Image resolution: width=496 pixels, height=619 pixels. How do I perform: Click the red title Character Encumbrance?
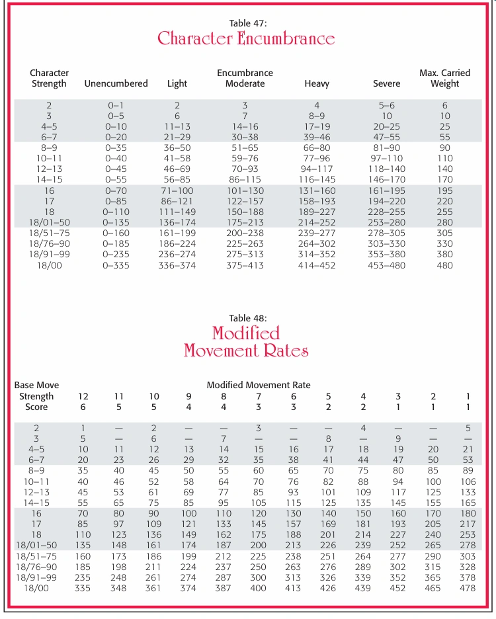(246, 38)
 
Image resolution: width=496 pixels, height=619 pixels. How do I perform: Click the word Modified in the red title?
(246, 332)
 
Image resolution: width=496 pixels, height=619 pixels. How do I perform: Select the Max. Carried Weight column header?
(444, 78)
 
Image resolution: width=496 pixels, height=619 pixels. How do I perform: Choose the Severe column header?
(386, 84)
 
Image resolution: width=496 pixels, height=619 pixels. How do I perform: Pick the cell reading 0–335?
(116, 265)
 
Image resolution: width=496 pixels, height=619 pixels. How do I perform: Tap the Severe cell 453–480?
(387, 265)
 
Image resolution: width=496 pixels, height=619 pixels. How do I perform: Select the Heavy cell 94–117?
(317, 169)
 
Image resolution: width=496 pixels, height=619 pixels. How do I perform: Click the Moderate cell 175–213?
(245, 222)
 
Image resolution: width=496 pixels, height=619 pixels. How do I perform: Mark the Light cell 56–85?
(177, 179)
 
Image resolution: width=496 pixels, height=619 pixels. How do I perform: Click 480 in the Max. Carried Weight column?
(444, 265)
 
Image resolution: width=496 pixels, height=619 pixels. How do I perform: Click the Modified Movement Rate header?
(258, 385)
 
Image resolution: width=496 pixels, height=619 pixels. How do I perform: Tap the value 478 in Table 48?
(468, 588)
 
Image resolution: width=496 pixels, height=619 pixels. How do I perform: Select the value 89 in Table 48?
(468, 471)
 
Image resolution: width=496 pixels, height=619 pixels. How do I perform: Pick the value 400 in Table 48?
(258, 588)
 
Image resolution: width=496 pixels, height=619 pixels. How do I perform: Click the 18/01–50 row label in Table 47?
(49, 222)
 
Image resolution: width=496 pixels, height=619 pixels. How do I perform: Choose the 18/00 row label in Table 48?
(37, 588)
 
